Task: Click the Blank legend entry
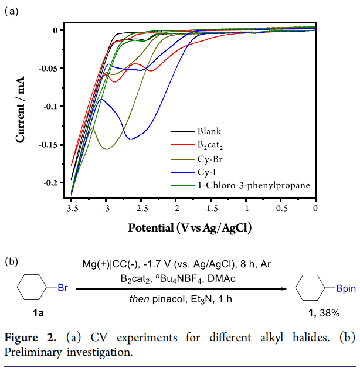coord(209,131)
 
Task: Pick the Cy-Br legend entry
coord(209,158)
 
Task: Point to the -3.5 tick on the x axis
coord(71,207)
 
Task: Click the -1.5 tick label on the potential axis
coord(210,207)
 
